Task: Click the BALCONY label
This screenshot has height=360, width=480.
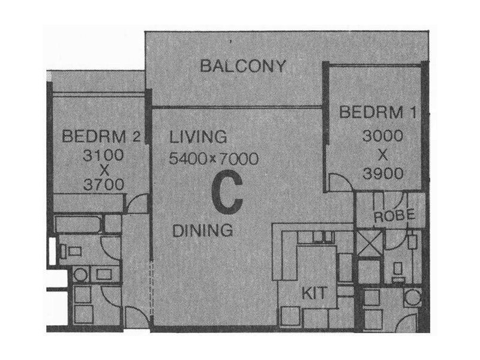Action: tap(243, 66)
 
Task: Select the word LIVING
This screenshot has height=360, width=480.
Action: tap(199, 137)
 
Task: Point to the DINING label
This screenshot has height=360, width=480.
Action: tap(202, 230)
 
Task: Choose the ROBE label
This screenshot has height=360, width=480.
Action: tap(391, 216)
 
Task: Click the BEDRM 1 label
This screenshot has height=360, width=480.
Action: tap(377, 113)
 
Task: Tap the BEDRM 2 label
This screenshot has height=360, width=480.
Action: tap(101, 137)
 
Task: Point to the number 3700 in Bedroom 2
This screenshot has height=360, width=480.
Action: tap(105, 186)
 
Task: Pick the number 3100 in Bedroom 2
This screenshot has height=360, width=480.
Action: tap(105, 154)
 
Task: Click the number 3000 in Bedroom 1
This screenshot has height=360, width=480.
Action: tap(382, 136)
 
